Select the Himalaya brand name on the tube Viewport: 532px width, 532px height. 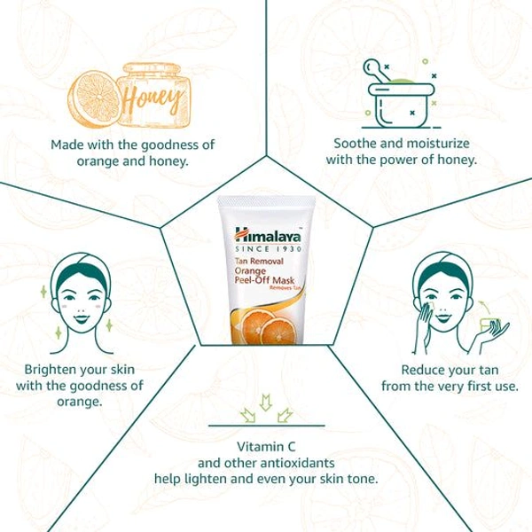[265, 236]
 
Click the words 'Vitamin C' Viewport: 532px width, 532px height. [265, 445]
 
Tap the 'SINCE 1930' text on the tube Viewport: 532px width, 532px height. [265, 249]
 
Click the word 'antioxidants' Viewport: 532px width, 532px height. [294, 462]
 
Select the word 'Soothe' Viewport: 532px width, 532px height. [353, 144]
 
